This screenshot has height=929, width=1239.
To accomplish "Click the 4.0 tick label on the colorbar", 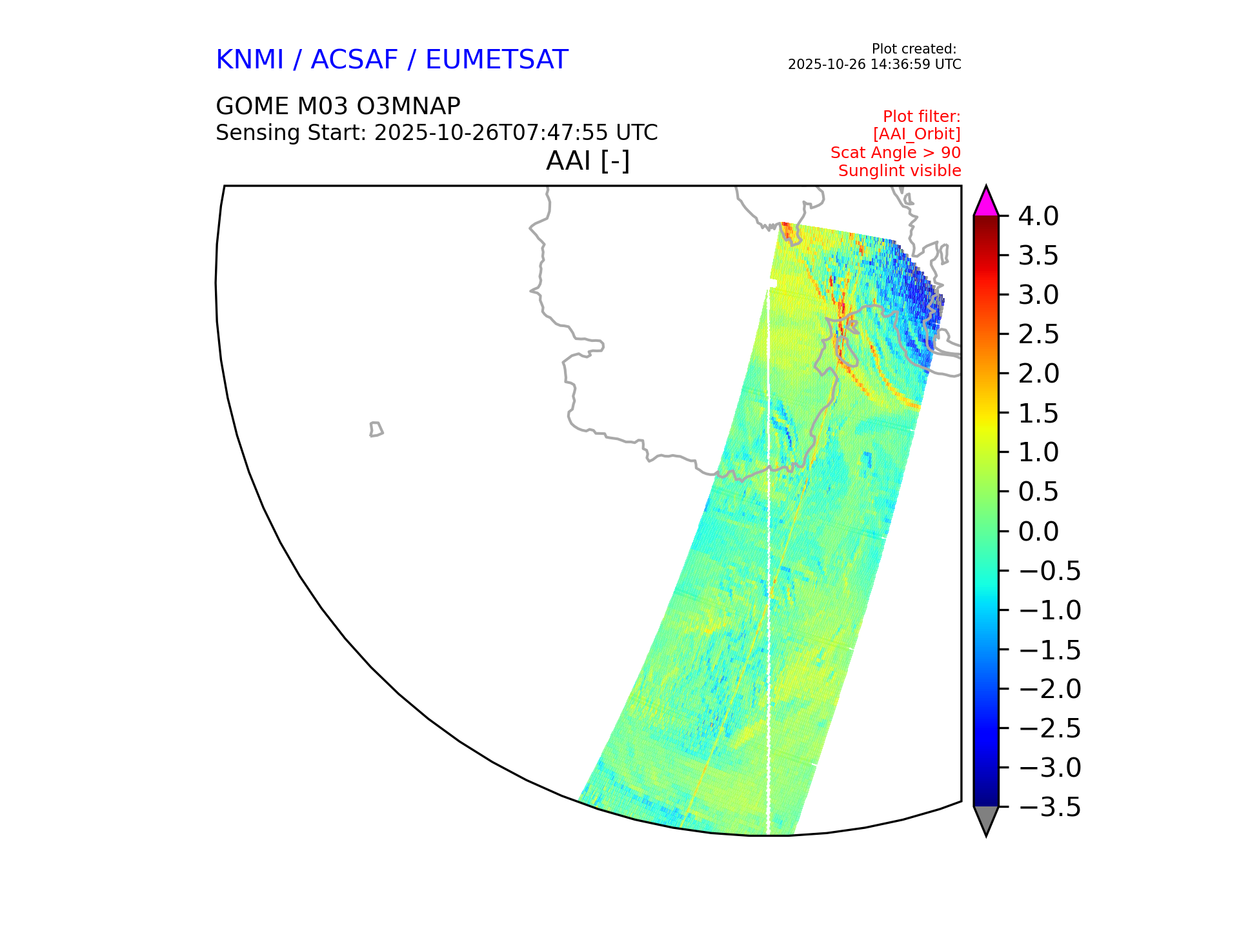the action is (x=1038, y=217).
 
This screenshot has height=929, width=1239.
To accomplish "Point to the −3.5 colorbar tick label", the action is (x=1050, y=807).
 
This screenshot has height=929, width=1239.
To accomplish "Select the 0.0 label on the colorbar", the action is (x=1038, y=532).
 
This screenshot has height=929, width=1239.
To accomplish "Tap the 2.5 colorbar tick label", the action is (x=1038, y=335).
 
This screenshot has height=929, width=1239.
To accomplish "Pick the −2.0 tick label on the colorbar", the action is (x=1050, y=689).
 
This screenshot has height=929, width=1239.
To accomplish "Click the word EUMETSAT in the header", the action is (x=496, y=60).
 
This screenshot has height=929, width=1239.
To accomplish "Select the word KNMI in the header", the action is (x=250, y=60).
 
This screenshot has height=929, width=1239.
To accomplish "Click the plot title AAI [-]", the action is (x=588, y=161).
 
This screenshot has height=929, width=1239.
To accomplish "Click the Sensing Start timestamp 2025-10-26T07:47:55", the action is (x=491, y=133).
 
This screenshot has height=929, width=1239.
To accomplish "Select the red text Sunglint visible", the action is (x=900, y=171).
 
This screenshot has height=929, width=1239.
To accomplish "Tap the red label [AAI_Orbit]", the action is (x=916, y=134).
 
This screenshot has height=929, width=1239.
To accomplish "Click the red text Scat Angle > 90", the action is (x=896, y=153).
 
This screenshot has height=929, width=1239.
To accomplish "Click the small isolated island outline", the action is (x=376, y=430).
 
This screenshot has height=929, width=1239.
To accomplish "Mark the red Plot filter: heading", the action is (x=922, y=117).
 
